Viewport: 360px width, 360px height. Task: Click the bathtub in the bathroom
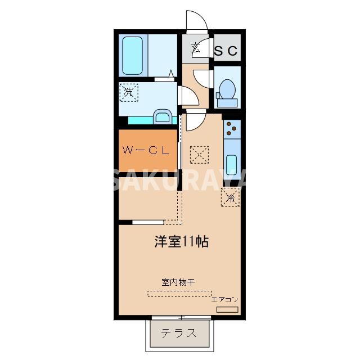pos(133,55)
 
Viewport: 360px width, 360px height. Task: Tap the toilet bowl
pos(227,90)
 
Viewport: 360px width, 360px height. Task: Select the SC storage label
pos(227,50)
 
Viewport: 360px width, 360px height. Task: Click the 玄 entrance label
pos(195,49)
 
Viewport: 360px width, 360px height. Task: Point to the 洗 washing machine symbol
pos(129,92)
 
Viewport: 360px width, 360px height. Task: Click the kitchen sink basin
pos(232,165)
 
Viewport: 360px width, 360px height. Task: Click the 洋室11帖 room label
pos(181,242)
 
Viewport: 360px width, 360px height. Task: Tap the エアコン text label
pos(225,299)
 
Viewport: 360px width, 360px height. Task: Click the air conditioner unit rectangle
pos(228,309)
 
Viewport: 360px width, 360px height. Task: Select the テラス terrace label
pos(179,332)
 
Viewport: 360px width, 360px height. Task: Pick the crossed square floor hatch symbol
pos(199,154)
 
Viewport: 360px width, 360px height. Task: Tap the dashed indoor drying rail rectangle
pos(179,293)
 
